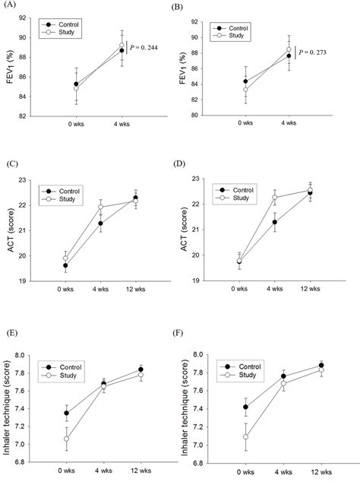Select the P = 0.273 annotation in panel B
point(317,52)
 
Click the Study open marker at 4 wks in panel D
point(274,198)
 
